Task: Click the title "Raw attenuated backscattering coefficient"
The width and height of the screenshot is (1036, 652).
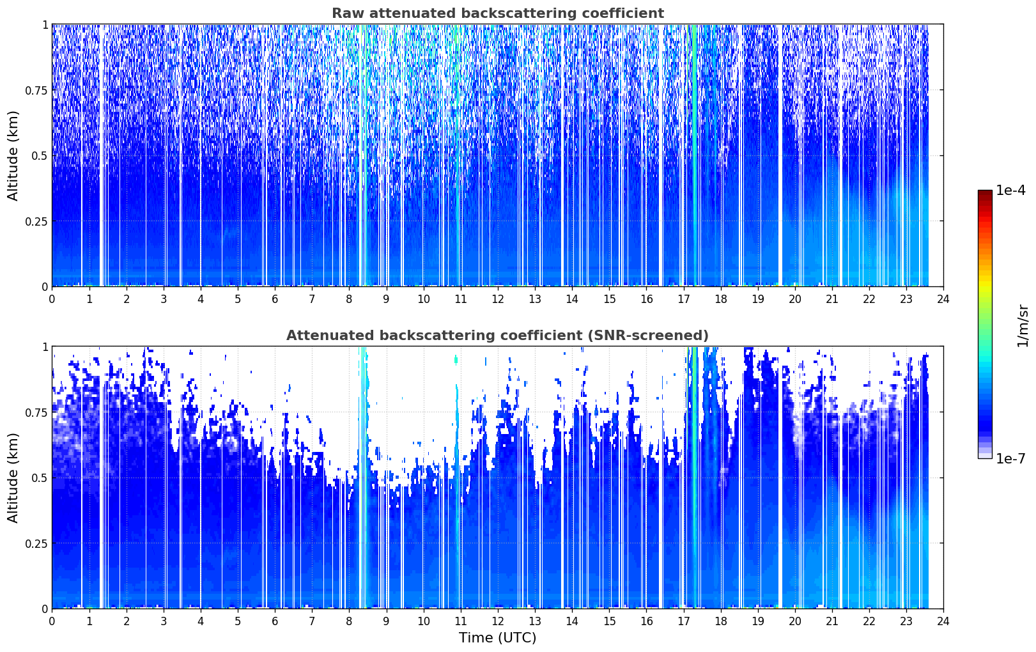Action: (498, 13)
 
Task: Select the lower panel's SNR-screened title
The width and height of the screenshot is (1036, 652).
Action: (497, 335)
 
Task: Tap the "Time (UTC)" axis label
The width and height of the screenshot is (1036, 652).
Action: (497, 638)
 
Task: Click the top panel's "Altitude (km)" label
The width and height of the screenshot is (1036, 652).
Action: (13, 156)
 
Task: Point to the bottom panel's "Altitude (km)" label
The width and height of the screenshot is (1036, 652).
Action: (13, 477)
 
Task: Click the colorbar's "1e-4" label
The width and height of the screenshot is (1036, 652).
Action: (1010, 190)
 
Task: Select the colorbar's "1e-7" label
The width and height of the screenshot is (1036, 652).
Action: (1010, 459)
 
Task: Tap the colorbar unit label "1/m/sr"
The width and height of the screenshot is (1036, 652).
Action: (1023, 325)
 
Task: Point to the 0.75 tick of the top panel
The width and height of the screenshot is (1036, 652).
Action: (36, 90)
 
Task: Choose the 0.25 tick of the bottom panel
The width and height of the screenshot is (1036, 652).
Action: (36, 543)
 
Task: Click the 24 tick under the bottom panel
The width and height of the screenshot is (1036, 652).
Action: (943, 621)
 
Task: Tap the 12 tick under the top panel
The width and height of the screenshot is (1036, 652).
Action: (498, 299)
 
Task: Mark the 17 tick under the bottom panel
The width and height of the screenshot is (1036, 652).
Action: (684, 621)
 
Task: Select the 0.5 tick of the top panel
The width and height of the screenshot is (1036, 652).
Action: (40, 156)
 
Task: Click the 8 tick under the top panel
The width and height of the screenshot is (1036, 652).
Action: (349, 299)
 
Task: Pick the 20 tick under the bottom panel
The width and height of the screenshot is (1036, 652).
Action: (795, 621)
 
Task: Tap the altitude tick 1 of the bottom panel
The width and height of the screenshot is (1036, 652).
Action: (45, 346)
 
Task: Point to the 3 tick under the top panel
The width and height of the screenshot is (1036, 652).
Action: (163, 299)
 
